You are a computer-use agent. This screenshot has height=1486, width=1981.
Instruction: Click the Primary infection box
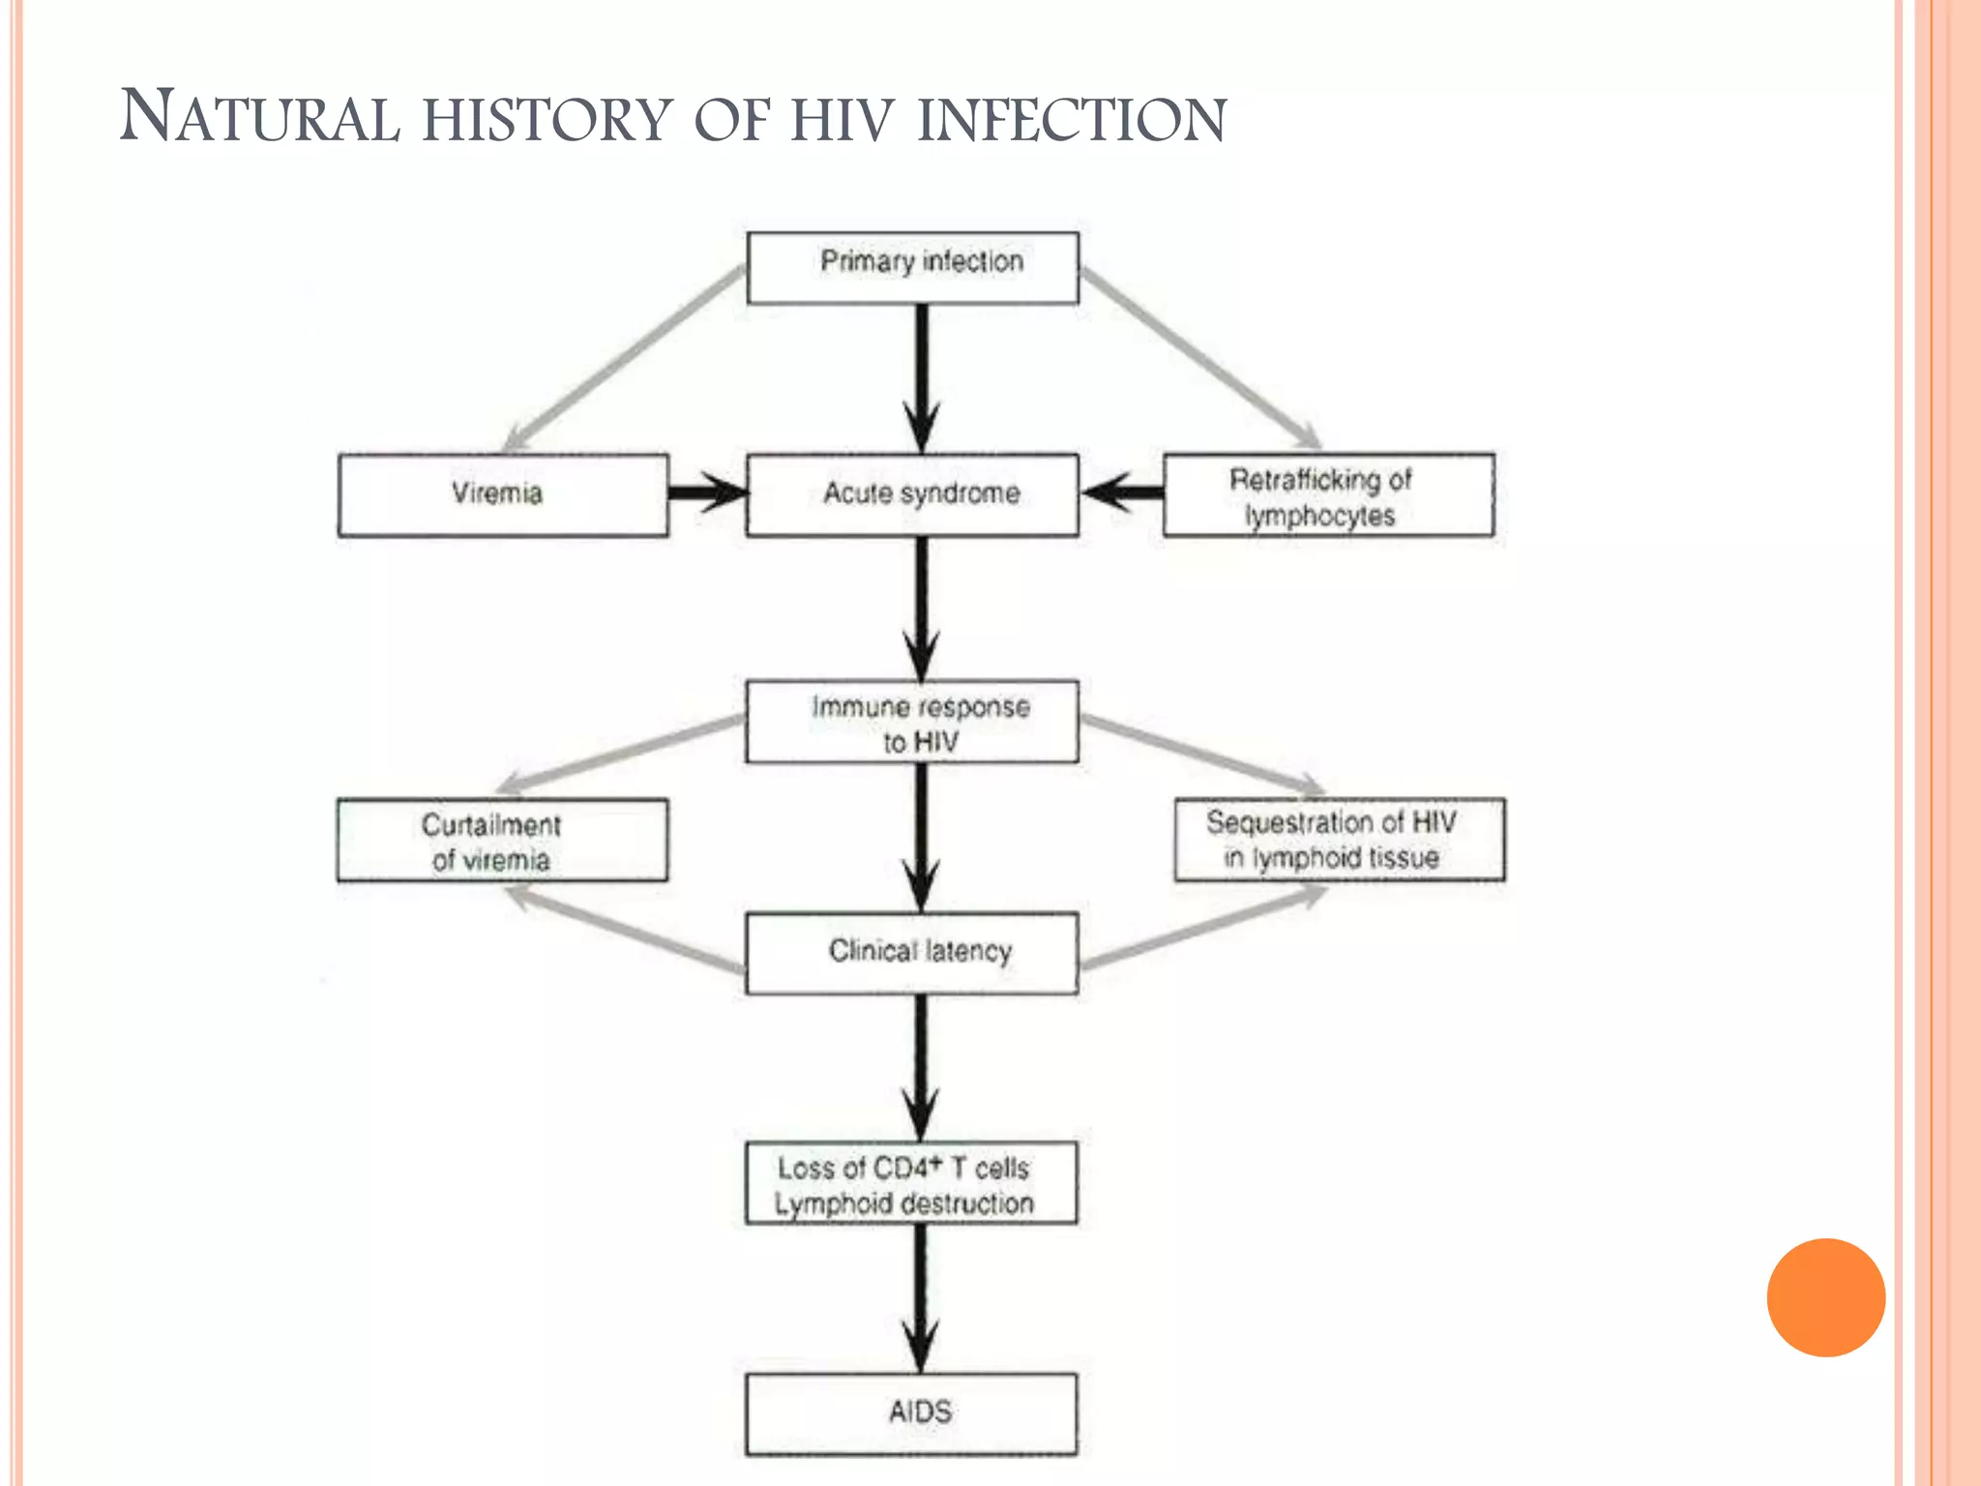912,268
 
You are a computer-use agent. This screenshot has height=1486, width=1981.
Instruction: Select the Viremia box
503,494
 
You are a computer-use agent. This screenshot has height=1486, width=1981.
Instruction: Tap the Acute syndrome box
912,494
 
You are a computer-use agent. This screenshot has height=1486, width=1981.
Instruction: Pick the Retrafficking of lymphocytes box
1328,494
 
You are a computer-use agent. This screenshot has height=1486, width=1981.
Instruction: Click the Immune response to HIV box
912,722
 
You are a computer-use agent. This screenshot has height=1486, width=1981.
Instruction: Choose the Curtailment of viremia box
502,840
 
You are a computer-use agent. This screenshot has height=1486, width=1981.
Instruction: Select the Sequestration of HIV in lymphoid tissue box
1340,839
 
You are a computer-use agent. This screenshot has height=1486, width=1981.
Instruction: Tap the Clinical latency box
912,953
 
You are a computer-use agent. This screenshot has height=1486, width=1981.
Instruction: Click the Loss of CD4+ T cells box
910,1183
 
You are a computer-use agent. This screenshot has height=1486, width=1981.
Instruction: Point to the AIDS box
910,1413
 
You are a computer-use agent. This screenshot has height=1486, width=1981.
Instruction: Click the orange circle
1825,1297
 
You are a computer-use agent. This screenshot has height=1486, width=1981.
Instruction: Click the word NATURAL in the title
259,118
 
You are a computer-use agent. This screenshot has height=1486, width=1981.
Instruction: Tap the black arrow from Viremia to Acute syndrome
707,492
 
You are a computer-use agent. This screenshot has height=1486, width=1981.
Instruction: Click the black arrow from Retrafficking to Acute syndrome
1122,492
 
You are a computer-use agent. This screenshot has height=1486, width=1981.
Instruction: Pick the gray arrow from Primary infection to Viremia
624,358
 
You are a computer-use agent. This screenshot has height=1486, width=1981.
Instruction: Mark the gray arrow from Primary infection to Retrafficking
1199,358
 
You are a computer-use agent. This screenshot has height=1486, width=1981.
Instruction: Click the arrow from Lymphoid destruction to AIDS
920,1296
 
